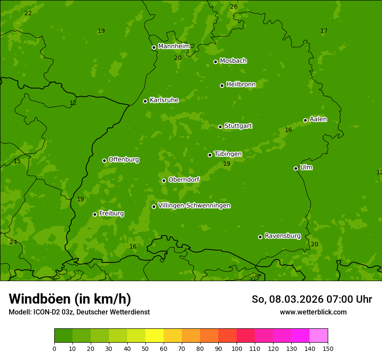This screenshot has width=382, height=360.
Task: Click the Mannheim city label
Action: (x=174, y=46)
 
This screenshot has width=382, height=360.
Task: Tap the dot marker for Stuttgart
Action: (x=220, y=127)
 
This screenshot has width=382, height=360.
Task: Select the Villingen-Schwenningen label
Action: (x=194, y=206)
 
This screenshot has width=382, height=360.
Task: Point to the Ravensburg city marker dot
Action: (x=260, y=237)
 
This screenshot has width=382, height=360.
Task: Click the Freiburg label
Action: (x=111, y=213)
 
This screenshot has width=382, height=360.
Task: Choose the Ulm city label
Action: (x=306, y=167)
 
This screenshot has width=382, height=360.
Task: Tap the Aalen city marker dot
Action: (x=305, y=120)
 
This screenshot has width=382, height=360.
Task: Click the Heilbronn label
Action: (x=241, y=85)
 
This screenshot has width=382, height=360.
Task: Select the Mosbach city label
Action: (x=233, y=61)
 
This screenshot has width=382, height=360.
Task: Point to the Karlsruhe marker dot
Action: (x=145, y=101)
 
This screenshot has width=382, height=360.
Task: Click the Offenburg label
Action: (x=124, y=160)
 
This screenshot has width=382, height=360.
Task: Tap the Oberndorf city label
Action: (x=184, y=180)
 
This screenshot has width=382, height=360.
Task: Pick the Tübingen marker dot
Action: (x=210, y=155)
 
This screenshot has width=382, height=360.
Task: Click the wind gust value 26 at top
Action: (x=234, y=7)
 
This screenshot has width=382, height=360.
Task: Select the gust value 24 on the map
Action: (x=13, y=242)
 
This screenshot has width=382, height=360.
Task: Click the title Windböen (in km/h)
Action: (x=70, y=299)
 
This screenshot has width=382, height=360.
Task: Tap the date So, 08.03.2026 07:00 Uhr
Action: (x=312, y=299)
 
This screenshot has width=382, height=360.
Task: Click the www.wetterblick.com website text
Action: (x=313, y=312)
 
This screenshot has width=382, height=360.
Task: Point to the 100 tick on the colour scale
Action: (x=237, y=348)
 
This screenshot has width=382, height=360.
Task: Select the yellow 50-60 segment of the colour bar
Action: (x=155, y=336)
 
